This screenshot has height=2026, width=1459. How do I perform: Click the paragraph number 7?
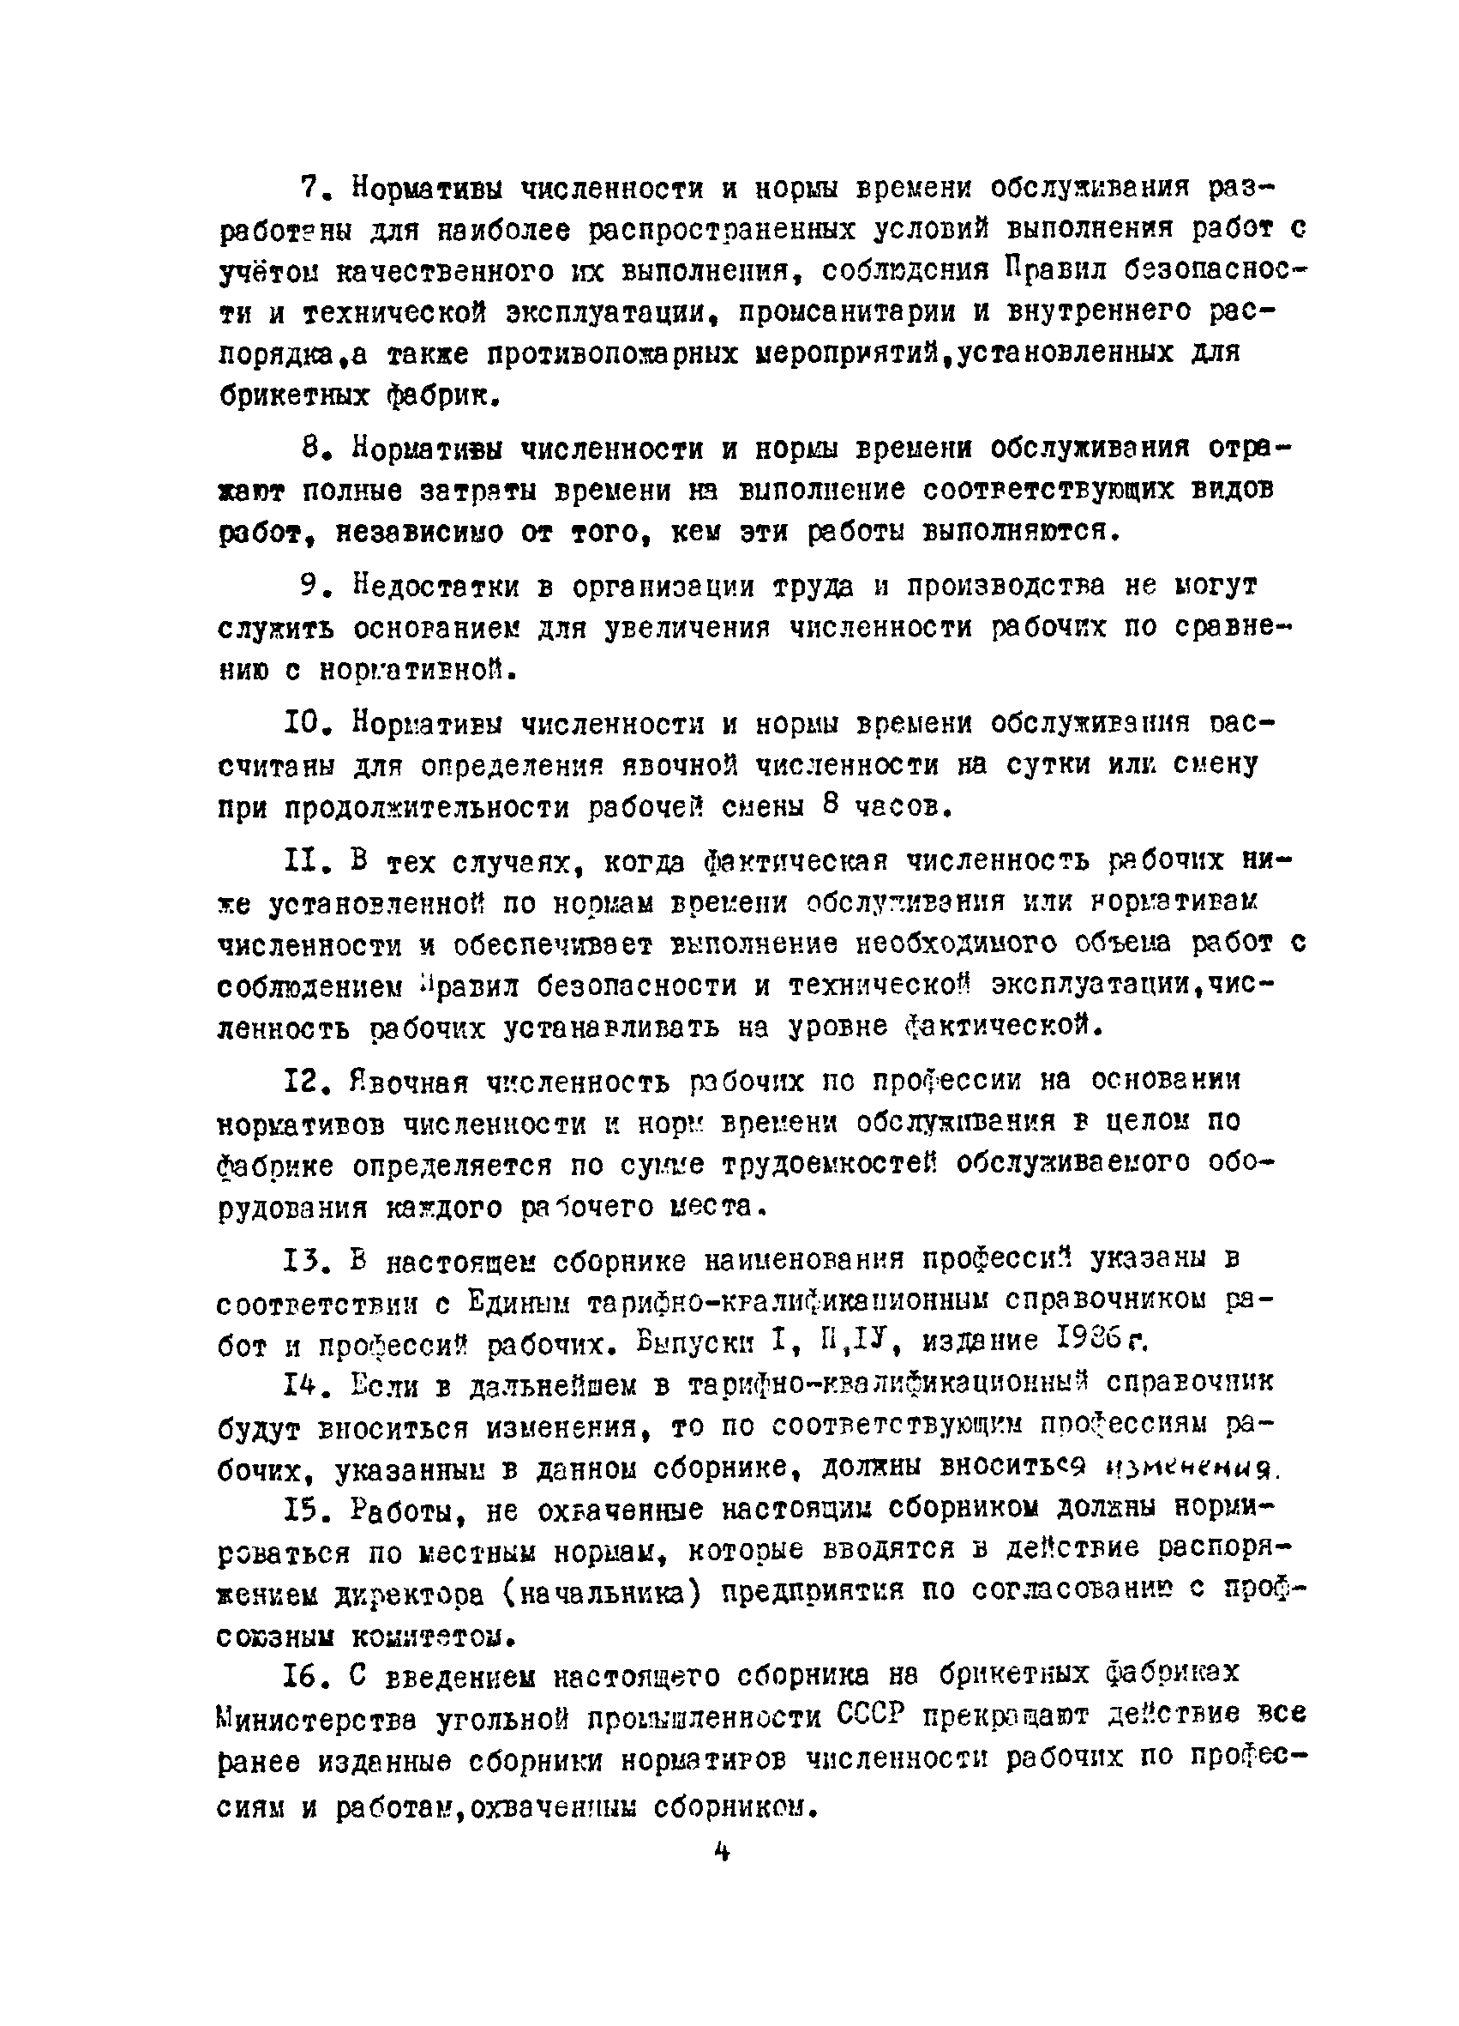(x=309, y=188)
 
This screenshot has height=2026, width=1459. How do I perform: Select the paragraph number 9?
(x=309, y=585)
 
